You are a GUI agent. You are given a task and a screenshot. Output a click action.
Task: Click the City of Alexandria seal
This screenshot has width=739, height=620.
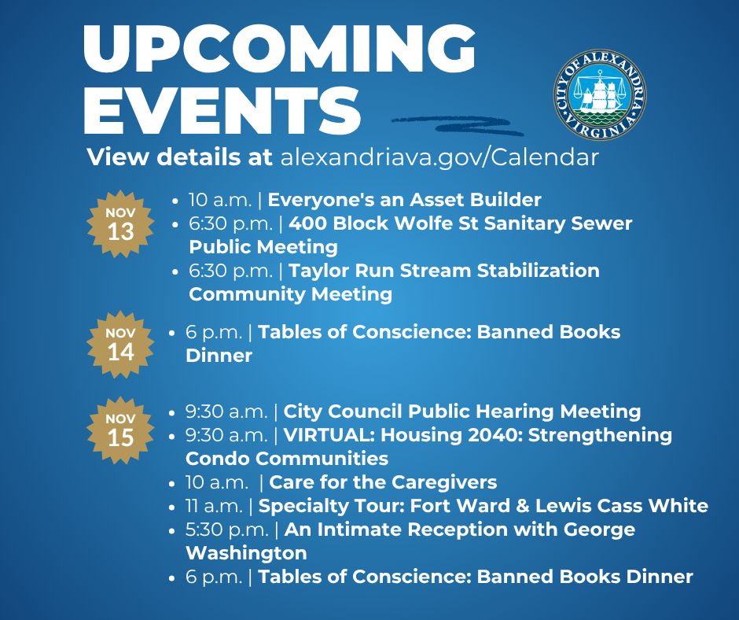[x=601, y=94]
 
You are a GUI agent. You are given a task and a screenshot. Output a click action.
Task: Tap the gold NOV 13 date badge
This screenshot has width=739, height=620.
[x=121, y=223]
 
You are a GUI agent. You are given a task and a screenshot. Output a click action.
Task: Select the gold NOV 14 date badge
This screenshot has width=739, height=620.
[x=121, y=345]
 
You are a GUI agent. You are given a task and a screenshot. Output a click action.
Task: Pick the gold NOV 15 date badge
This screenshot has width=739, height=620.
[x=121, y=429]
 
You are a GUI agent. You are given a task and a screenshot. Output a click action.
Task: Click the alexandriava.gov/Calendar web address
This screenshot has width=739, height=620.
[x=439, y=157]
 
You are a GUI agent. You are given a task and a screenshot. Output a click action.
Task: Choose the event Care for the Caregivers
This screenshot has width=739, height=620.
[x=383, y=482]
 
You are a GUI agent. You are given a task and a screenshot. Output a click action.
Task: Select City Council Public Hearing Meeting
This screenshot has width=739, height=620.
[x=461, y=411]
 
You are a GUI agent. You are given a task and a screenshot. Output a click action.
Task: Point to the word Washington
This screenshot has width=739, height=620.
[x=245, y=552]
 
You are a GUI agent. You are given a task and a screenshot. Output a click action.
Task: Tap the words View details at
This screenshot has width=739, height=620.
[x=179, y=157]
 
